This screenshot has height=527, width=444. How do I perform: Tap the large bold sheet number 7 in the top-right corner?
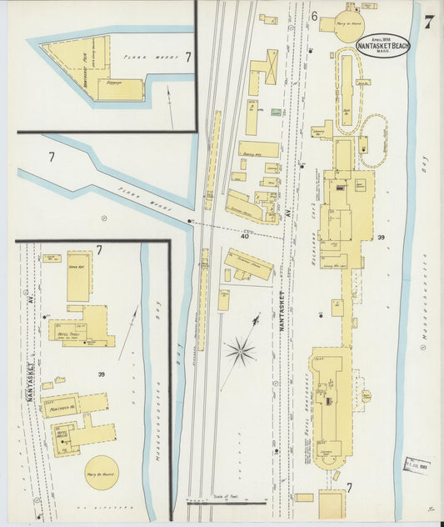[x=427, y=23]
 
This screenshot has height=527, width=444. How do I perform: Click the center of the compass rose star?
[x=240, y=351]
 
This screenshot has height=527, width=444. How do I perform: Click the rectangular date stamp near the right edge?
[x=417, y=464]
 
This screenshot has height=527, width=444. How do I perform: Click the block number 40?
[x=245, y=237]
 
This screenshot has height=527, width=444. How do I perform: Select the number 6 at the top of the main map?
[x=314, y=16]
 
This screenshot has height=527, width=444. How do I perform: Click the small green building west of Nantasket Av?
[x=276, y=111]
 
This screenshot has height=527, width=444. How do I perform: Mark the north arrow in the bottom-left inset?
[x=128, y=334]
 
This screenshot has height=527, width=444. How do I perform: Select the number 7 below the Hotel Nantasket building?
[x=349, y=488]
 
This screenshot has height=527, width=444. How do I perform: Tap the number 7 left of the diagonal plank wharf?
[x=51, y=156]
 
